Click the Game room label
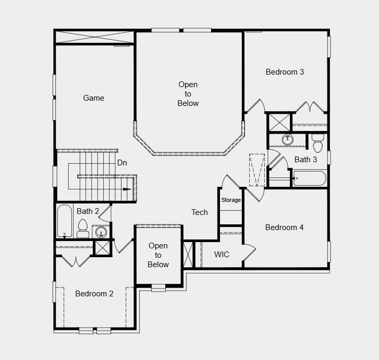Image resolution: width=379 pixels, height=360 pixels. pos(94,98)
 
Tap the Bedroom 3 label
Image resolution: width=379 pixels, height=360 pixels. pos(285,72)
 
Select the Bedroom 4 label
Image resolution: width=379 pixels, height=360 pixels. pos(284,227)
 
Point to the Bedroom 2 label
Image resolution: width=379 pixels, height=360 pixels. pos(94,294)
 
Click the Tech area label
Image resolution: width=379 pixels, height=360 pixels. pos(199,212)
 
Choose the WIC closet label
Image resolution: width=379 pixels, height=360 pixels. pos(222,255)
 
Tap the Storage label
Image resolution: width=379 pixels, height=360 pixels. pos(231,200)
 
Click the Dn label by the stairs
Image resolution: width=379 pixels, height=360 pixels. pos(122,163)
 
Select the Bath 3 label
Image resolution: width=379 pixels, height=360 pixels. pos(305,160)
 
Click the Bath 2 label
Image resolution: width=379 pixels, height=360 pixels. pos(88,211)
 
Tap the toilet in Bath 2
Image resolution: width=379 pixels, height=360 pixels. pos(82,228)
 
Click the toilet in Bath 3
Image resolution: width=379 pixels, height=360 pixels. pos(317,142)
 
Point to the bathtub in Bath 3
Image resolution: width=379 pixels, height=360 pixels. pos(310,178)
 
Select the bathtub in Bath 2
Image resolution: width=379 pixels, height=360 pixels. pos(64,221)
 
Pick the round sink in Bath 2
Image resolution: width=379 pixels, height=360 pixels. pos(102,231)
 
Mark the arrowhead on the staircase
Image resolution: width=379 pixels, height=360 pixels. pos(127,189)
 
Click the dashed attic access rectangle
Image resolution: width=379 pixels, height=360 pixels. pos(257,169)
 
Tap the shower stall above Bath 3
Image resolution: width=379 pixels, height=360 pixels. pos(278,123)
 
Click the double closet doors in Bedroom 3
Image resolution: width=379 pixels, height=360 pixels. pos(310,107)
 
